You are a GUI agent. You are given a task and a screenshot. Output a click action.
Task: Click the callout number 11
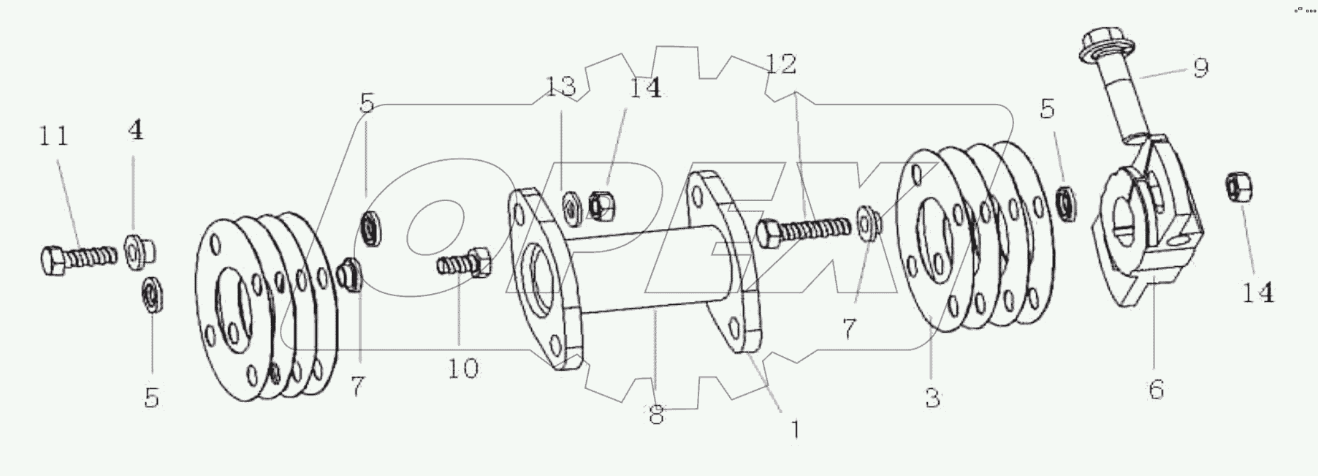(53, 136)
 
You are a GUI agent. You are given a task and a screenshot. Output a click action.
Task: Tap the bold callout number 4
(134, 131)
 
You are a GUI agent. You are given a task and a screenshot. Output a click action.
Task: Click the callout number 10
(462, 368)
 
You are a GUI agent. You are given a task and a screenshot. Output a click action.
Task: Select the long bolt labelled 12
(804, 229)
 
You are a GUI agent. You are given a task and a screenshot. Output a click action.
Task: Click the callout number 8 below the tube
(656, 415)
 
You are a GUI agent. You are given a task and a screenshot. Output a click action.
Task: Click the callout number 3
(932, 398)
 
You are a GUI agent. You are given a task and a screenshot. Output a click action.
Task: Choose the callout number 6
(1156, 389)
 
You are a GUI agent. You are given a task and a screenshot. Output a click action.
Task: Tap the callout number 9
(1201, 67)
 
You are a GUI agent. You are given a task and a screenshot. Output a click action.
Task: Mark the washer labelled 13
(571, 205)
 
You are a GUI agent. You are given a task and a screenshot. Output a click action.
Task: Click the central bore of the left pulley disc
(236, 303)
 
